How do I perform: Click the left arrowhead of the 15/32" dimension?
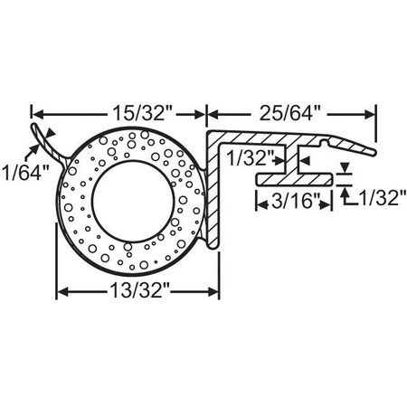click(x=38, y=114)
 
